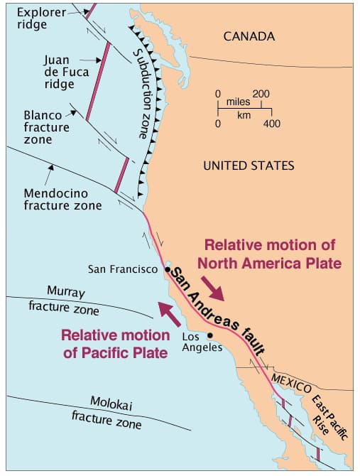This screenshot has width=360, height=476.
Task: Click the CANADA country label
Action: pos(249,36)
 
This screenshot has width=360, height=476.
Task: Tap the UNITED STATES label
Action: pos(248,166)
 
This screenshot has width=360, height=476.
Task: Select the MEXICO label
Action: pos(291,385)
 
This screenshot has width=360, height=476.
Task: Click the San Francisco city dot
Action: pos(167,269)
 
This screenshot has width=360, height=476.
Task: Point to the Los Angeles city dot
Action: pos(209,335)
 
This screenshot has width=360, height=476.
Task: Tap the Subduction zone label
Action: pos(148,93)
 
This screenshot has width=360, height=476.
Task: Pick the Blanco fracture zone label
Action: pos(47,127)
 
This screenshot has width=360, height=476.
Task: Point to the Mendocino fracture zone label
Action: pos(62,199)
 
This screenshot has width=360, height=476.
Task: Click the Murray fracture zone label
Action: pos(63,300)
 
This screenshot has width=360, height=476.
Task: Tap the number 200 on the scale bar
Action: pos(261,94)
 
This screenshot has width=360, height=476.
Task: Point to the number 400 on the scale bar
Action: pos(272,124)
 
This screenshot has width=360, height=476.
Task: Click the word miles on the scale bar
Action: pos(238,103)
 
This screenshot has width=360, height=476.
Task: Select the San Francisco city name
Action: pos(122,269)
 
